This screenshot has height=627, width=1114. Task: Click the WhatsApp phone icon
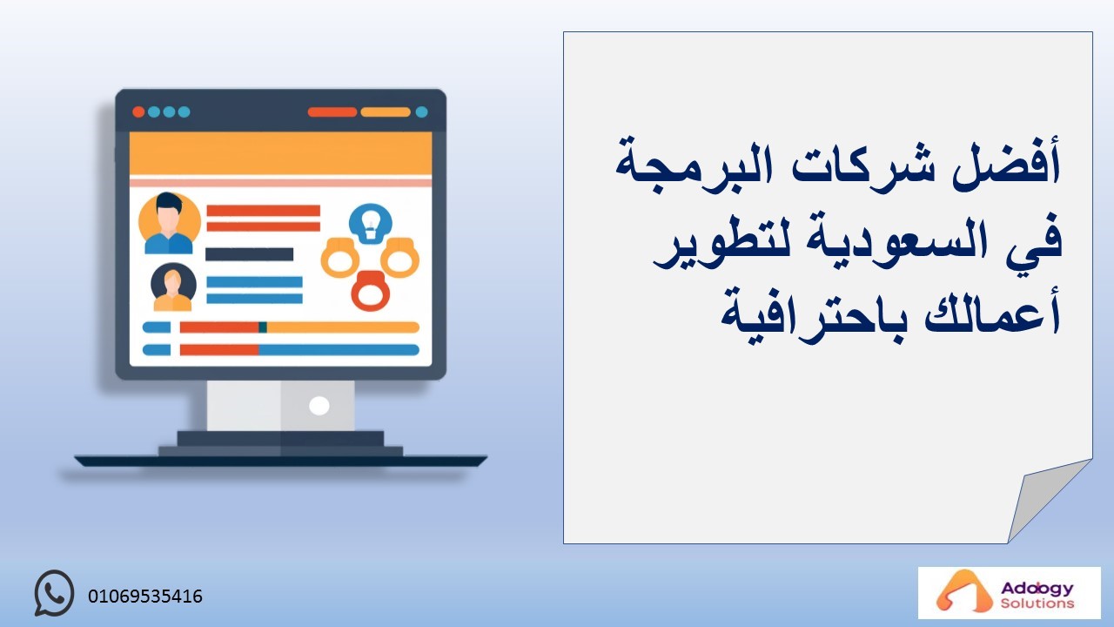pos(54,593)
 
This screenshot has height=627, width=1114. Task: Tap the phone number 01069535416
pos(145,597)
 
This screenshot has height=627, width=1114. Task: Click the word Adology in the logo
pos(1037,589)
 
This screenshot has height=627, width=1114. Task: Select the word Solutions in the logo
pos(1037,603)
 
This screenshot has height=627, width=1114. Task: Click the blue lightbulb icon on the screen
pos(370,224)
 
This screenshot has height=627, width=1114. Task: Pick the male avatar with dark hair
pos(169,223)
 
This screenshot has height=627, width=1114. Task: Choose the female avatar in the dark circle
pos(173,287)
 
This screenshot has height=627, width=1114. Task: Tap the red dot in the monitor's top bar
pos(138,112)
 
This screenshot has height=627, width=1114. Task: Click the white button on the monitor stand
pos(319,406)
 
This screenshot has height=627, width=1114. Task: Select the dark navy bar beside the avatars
pos(249,254)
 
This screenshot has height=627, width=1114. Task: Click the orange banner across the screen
pos(280,153)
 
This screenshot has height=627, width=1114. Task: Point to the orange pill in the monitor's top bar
pos(386,112)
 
